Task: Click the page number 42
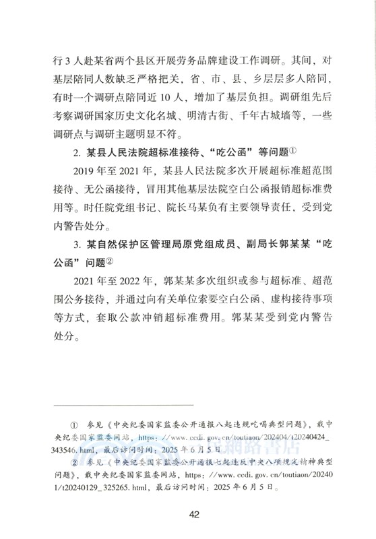coord(194,515)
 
